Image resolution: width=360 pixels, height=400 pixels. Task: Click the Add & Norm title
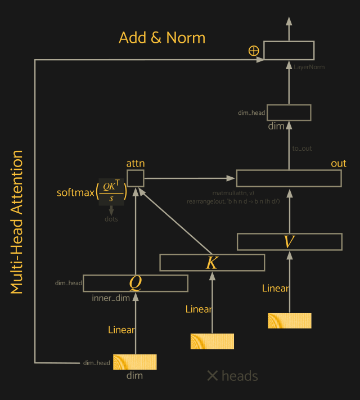[x=162, y=38]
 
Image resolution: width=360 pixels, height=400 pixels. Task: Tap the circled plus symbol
[x=254, y=51]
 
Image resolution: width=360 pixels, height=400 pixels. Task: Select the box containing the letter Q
[x=135, y=283]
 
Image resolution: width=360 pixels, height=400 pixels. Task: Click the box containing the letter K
[x=212, y=263]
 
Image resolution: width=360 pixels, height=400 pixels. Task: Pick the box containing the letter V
[x=289, y=241]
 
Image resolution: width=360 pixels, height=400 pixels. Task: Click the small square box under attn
[x=135, y=178]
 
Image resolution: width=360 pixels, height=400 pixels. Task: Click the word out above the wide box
[x=339, y=163]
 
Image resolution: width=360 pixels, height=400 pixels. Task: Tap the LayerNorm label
[x=309, y=67]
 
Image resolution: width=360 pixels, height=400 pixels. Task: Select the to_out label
[x=302, y=149]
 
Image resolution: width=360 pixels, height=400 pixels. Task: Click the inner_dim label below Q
[x=111, y=298]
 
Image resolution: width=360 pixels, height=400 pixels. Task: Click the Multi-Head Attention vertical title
[x=17, y=222]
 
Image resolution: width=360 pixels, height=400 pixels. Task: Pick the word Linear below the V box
[x=276, y=289]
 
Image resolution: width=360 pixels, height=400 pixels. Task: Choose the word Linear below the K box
[x=199, y=309]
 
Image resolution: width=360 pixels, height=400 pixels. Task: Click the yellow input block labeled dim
[x=135, y=362]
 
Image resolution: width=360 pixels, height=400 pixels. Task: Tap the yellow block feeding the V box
[x=289, y=320]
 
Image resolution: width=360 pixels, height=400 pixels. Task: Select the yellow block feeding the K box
[x=212, y=341]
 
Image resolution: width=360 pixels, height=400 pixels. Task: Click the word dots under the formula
[x=111, y=219]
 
